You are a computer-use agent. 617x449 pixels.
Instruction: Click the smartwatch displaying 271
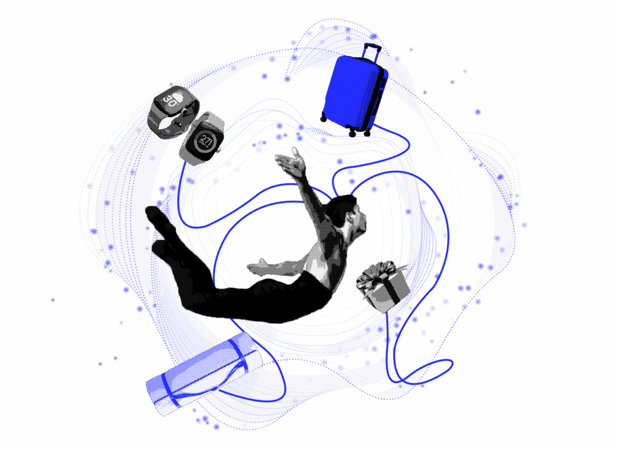click(201, 139)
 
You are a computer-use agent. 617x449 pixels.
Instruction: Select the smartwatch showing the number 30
click(173, 111)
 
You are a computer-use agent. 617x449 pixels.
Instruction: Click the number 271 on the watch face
click(205, 141)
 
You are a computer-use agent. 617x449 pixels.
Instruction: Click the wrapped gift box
click(383, 287)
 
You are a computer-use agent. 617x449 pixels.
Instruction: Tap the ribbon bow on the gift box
click(377, 272)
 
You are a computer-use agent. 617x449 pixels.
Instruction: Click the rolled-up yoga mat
click(204, 374)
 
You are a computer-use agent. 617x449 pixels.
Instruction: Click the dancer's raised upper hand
click(291, 161)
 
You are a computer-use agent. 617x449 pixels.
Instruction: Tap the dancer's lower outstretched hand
click(257, 267)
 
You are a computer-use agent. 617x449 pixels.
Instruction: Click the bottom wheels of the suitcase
click(352, 132)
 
